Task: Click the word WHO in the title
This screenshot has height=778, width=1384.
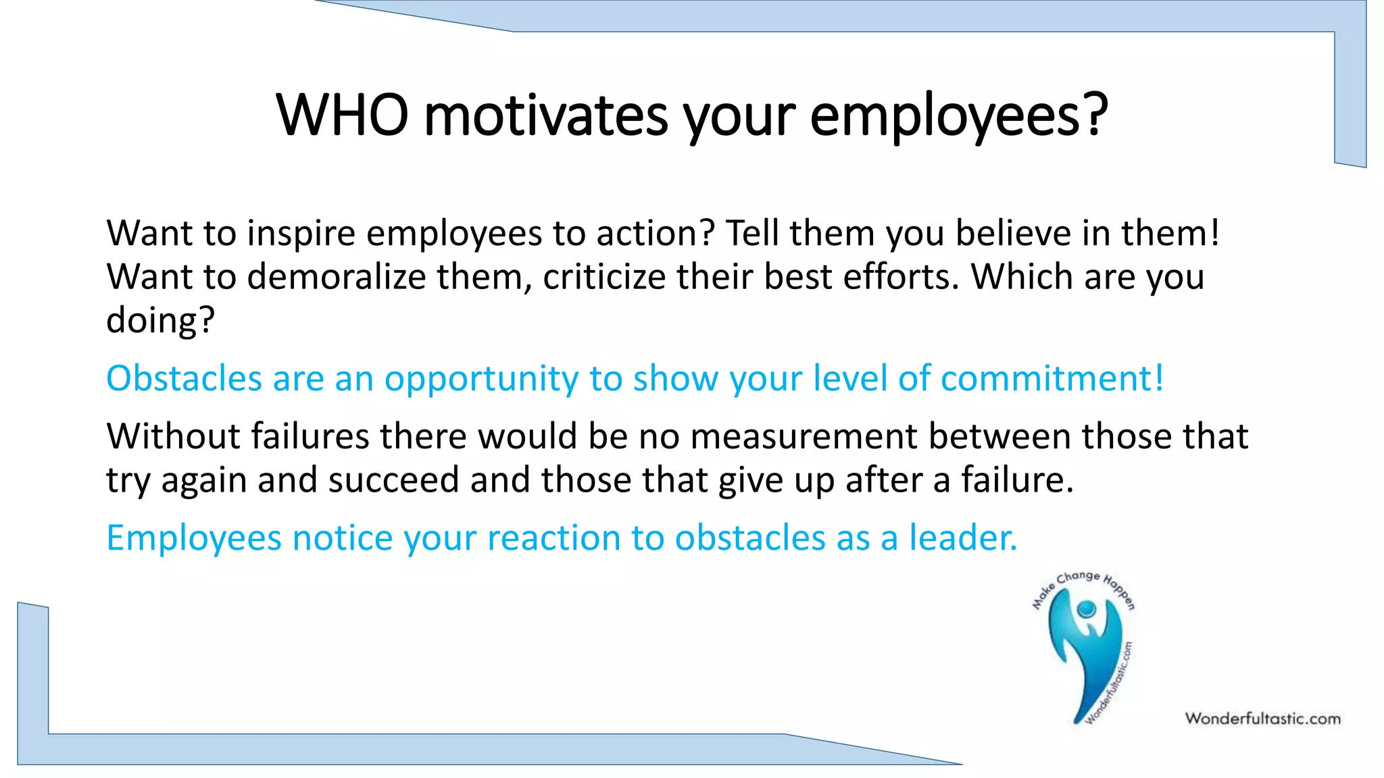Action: coord(343,115)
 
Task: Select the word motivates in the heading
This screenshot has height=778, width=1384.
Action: coord(546,115)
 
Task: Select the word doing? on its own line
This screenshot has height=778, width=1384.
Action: coord(160,321)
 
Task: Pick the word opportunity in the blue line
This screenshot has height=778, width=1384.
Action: coord(481,380)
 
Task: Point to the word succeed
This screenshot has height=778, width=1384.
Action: coord(393,480)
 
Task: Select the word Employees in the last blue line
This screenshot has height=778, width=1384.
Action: coord(194,539)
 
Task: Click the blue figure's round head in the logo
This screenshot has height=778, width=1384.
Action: coord(1087,609)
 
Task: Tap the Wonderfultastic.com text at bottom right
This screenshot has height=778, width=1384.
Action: coord(1262,719)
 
